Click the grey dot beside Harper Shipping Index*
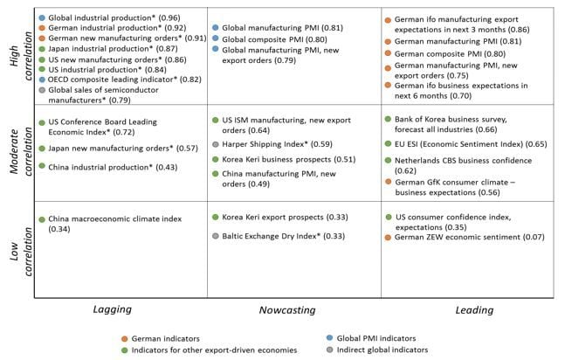[216, 143]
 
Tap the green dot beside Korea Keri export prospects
[216, 216]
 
